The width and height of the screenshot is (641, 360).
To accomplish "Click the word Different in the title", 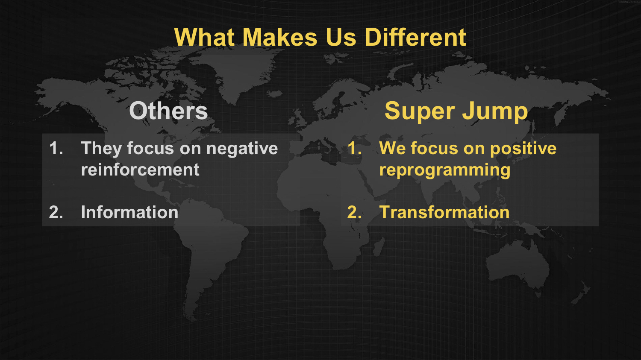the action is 415,37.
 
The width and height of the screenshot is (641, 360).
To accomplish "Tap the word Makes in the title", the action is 279,37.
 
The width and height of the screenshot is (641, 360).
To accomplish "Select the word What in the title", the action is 204,37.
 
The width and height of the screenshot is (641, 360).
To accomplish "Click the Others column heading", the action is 168,111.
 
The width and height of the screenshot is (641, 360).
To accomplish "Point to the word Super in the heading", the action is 420,112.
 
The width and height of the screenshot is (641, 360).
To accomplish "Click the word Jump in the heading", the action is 495,112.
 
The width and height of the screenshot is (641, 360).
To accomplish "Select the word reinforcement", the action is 140,170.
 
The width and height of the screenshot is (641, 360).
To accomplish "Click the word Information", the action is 129,212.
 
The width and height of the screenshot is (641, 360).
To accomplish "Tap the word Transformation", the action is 444,212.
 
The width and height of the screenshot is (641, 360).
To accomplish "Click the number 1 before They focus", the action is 56,149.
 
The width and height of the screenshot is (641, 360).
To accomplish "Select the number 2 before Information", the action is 56,212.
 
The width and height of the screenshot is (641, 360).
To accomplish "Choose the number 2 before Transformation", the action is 354,212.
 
